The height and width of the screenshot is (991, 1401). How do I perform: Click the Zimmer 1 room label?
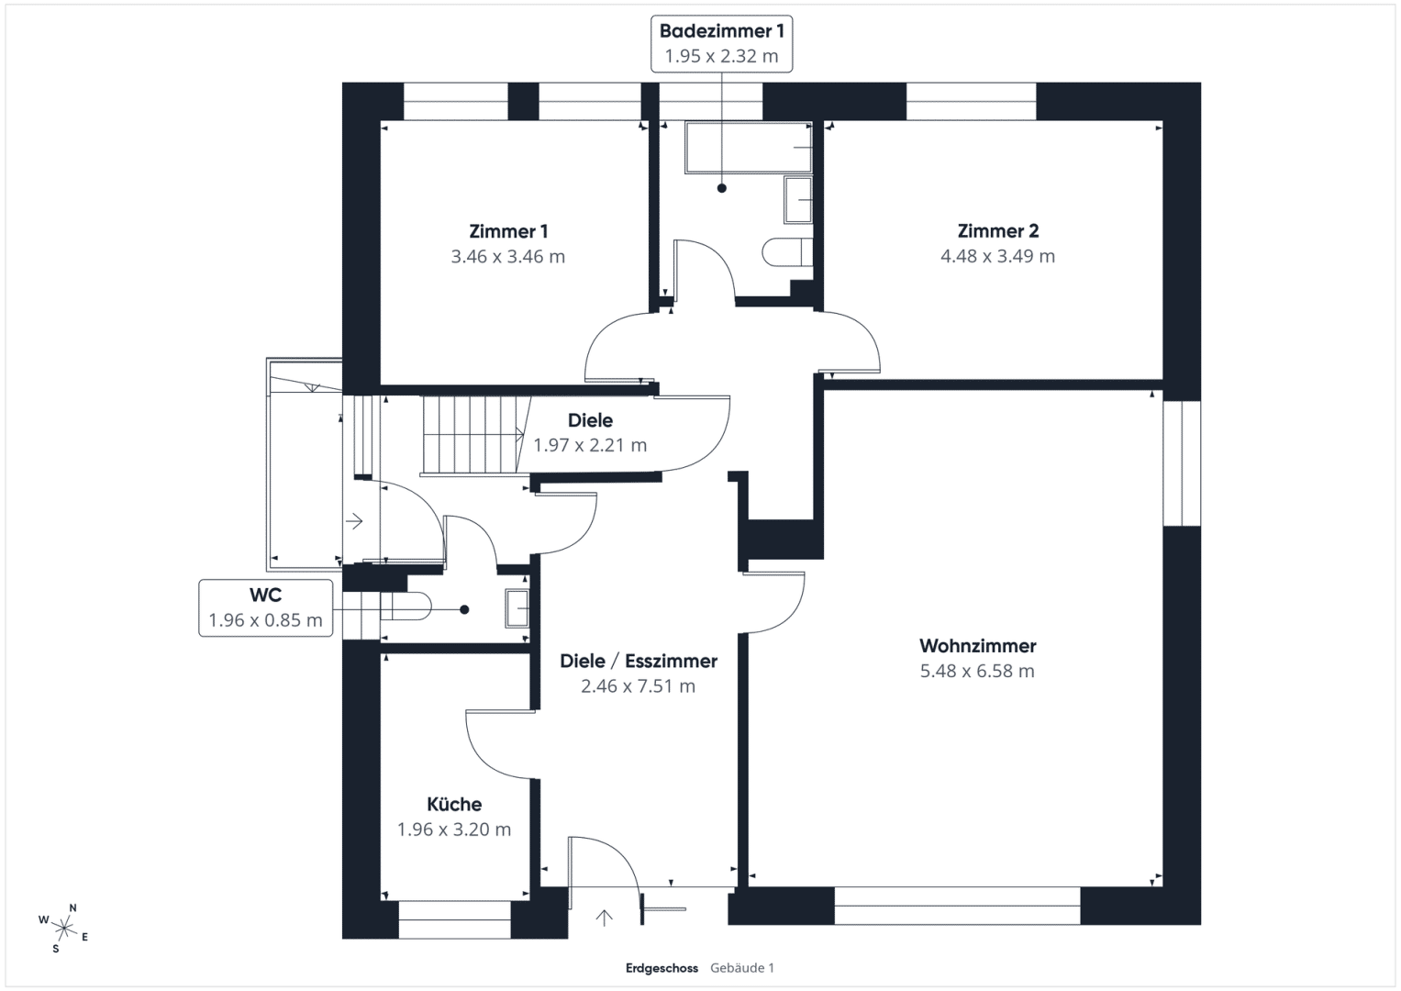coord(508,231)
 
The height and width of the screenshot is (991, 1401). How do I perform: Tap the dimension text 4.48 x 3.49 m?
coord(997,256)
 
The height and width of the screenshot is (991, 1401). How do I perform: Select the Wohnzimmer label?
coord(977,646)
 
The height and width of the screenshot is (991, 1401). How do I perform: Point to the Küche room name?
coord(454,804)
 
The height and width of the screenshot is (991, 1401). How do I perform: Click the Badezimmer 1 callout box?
coord(722,44)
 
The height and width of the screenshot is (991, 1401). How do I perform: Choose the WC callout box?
coord(266,608)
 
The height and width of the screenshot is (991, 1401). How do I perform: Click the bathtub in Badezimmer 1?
coord(749,148)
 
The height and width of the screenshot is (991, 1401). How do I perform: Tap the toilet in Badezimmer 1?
coord(787,252)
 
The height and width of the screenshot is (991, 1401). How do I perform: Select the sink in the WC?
coord(517,608)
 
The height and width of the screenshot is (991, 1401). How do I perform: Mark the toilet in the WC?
coord(406,607)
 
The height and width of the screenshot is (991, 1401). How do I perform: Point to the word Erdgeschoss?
coord(662,968)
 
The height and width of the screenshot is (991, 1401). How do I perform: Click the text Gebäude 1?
coord(741,968)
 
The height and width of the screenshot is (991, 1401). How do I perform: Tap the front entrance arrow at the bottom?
coord(604,918)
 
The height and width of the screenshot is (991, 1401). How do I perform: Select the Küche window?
coord(455,919)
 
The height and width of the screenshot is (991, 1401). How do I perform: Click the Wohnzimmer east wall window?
coord(1182,463)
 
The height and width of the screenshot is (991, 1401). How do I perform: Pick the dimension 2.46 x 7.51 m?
coord(638,686)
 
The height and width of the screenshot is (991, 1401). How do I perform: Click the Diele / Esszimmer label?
coord(638,662)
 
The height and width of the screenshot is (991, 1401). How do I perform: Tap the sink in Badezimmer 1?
coord(798,200)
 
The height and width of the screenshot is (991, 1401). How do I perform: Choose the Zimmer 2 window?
coord(972,101)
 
